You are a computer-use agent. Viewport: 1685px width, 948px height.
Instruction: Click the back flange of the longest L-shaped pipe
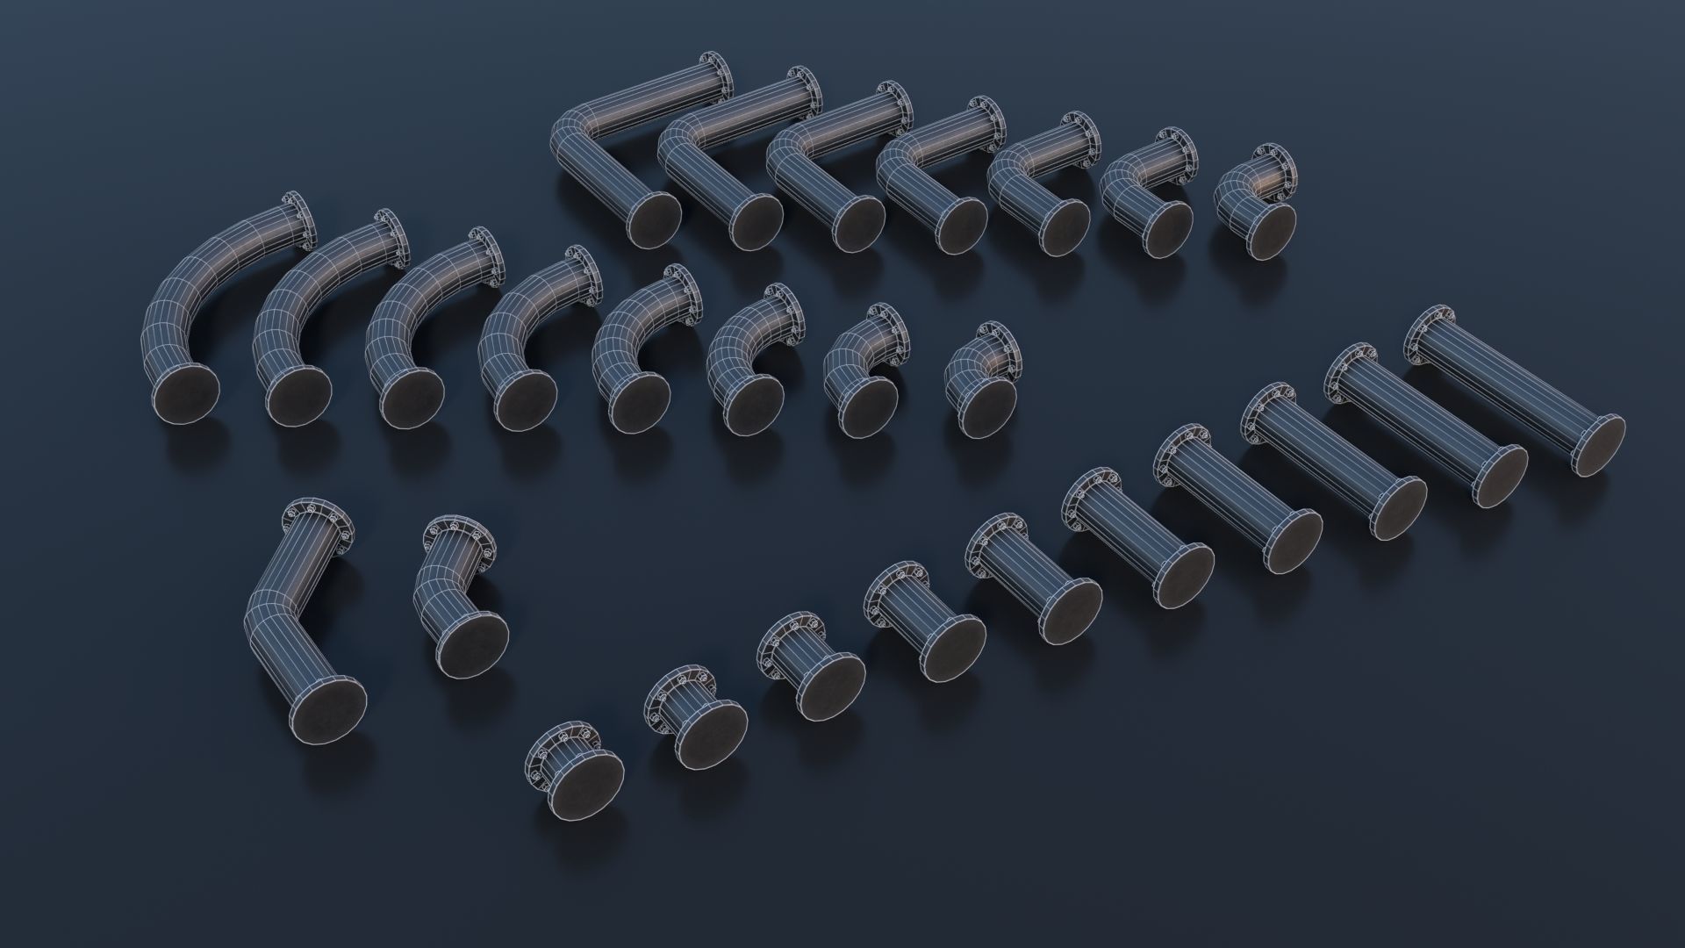pos(715,75)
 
